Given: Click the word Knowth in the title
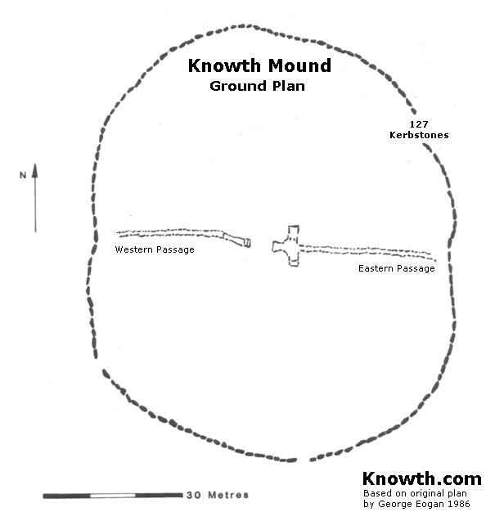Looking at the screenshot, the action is click(224, 65).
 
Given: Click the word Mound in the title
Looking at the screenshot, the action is click(299, 65).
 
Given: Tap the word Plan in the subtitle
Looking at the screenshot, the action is click(289, 86).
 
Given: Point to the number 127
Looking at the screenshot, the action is click(419, 124).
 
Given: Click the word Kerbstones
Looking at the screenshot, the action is click(419, 135).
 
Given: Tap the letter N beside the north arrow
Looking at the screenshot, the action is click(23, 175).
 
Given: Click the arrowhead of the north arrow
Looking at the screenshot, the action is click(35, 170).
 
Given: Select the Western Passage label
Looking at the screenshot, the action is click(155, 249).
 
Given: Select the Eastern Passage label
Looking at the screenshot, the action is click(397, 268).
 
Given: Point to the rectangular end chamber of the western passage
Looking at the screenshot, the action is click(246, 242).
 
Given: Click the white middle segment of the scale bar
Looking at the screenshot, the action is click(112, 496).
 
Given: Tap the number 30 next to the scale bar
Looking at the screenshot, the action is click(193, 495).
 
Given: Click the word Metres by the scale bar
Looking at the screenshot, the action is click(228, 495).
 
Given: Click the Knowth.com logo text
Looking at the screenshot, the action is click(422, 479).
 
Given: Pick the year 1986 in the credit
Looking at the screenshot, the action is click(459, 504).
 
